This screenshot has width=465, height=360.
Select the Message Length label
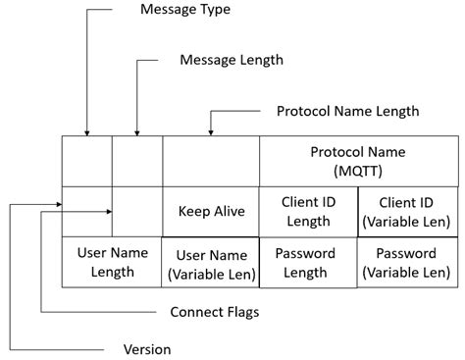point(232,61)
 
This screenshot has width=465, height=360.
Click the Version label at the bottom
point(147,349)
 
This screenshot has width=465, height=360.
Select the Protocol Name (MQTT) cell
point(357,161)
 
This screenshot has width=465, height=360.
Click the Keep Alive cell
point(210,211)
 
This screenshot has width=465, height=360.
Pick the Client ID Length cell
point(308,211)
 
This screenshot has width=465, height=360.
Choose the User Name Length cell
point(112,261)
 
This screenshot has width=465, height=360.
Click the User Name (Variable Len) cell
point(210,262)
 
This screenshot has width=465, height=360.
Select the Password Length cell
point(308,262)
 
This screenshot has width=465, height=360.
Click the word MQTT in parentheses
point(357,171)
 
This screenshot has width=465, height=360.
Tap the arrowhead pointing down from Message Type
point(87,131)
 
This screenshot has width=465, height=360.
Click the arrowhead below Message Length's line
point(136,131)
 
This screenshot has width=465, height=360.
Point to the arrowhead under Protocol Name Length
point(210,131)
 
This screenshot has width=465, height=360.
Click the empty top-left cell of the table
point(87,161)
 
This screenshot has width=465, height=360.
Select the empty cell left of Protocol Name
point(210,161)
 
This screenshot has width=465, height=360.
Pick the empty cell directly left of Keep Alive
point(136,211)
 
